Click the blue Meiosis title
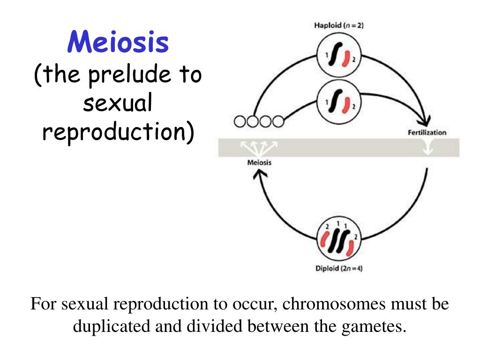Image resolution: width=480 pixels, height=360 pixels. (x=118, y=42)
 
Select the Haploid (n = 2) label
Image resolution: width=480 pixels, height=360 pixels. (x=339, y=25)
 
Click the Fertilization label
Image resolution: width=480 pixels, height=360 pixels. (x=427, y=132)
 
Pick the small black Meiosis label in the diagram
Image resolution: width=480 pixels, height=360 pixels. (x=259, y=163)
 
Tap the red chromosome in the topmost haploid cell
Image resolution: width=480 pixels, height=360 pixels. (x=345, y=60)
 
